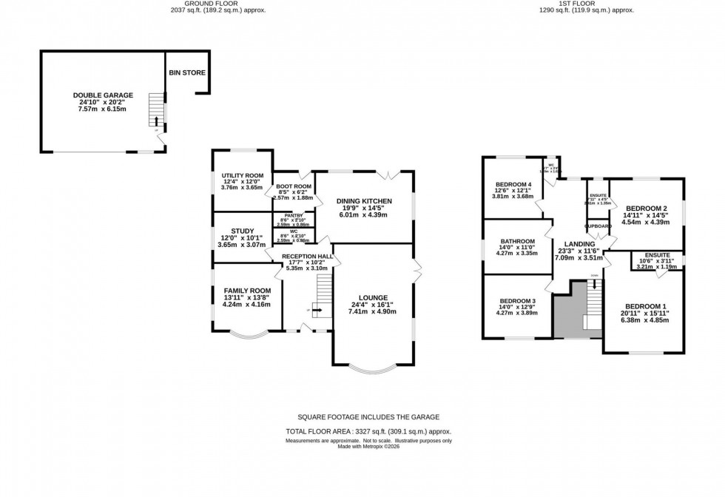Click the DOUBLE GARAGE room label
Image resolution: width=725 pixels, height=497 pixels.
(x=103, y=95)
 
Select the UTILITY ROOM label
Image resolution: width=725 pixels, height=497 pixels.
(x=243, y=176)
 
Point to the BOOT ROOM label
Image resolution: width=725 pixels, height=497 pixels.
(x=293, y=186)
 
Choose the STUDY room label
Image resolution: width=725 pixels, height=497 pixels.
(x=242, y=231)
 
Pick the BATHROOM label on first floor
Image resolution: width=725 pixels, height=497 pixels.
(x=517, y=241)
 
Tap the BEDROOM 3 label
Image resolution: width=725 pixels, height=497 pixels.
(x=517, y=301)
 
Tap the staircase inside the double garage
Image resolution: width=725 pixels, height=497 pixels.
(x=155, y=111)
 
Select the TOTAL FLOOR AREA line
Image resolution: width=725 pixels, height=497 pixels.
(x=368, y=431)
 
